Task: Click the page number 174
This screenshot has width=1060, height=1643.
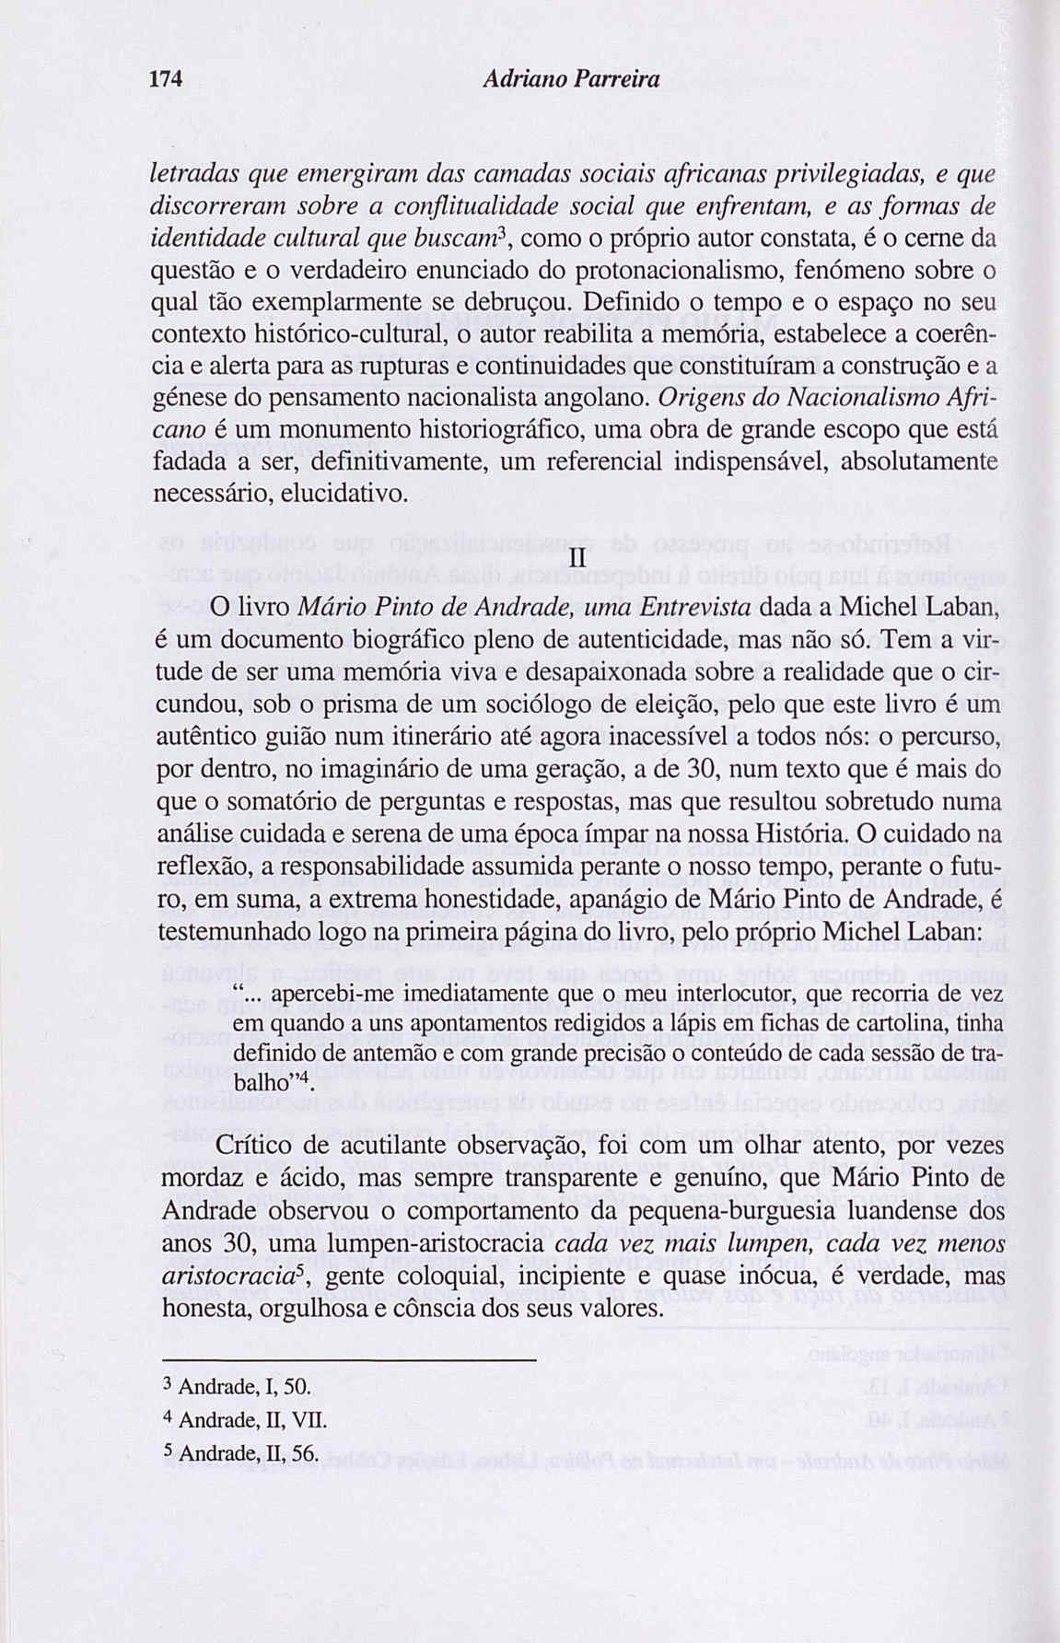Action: pos(167,80)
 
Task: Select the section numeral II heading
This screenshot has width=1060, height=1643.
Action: pos(578,560)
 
